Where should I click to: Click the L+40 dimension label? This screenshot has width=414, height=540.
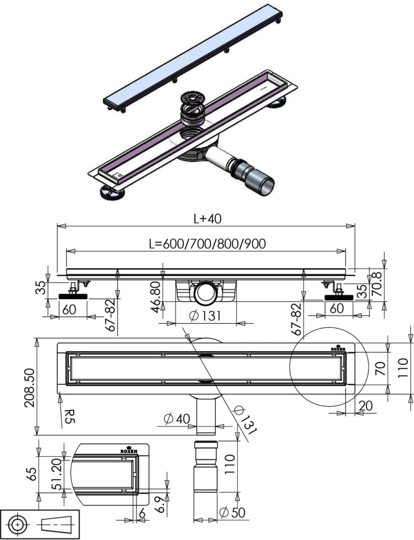pyautogui.click(x=207, y=219)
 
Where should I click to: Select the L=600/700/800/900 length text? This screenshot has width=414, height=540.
pyautogui.click(x=207, y=244)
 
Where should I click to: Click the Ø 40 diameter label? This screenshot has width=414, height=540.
pyautogui.click(x=177, y=418)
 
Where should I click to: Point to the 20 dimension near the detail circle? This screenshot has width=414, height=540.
pyautogui.click(x=366, y=405)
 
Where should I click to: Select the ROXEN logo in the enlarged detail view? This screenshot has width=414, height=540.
pyautogui.click(x=129, y=451)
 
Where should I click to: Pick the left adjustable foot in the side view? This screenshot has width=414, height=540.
pyautogui.click(x=73, y=296)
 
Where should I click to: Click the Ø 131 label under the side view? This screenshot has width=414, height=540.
pyautogui.click(x=205, y=315)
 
